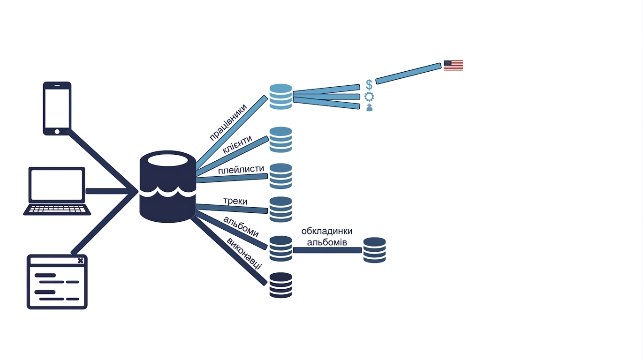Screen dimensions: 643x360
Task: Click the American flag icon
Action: (453, 66)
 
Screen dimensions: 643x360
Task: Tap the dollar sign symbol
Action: (369, 85)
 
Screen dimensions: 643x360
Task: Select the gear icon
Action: (369, 97)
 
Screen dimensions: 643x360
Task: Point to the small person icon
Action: (370, 107)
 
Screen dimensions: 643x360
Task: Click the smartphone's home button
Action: (57, 132)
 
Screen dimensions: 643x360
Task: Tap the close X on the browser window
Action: (81, 261)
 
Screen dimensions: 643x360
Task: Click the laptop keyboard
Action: (57, 209)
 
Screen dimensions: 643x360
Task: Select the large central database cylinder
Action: (167, 187)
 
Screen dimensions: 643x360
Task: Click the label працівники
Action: (228, 122)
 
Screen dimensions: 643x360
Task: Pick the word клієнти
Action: (237, 144)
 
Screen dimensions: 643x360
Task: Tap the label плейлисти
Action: (241, 170)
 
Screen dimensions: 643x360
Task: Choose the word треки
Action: (235, 201)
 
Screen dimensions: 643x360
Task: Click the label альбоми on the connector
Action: (241, 226)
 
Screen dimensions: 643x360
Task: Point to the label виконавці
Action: (244, 254)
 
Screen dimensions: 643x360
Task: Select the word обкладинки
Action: (327, 231)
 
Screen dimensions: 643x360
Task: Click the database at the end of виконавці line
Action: (281, 285)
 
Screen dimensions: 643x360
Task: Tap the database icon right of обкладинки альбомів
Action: (375, 250)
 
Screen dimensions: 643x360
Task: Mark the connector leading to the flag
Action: (408, 74)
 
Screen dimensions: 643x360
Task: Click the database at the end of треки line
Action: (281, 210)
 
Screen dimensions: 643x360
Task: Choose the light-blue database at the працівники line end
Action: (281, 97)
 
